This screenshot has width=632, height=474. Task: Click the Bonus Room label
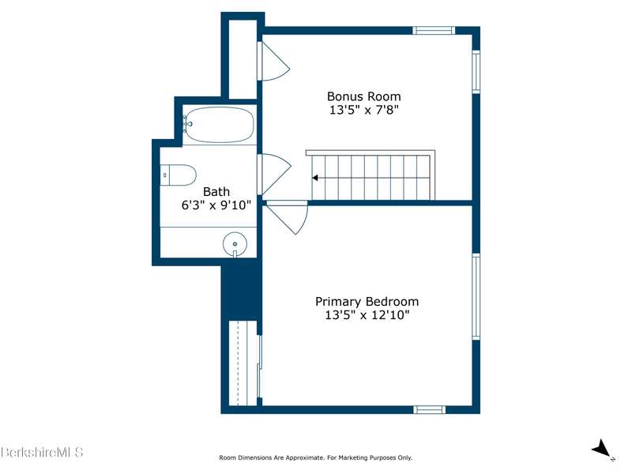(x=363, y=96)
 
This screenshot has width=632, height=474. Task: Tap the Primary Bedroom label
(x=367, y=302)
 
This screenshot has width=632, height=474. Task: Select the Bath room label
(x=216, y=192)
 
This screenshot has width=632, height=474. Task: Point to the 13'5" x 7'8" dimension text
(x=364, y=110)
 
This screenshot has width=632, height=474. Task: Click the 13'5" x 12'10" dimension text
(x=367, y=314)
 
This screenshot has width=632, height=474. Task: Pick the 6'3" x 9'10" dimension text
(x=216, y=205)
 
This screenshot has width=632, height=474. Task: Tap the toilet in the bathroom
(x=179, y=175)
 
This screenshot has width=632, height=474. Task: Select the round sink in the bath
(x=235, y=244)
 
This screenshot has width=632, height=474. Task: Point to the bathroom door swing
(x=274, y=175)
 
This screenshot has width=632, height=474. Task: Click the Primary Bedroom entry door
(x=288, y=216)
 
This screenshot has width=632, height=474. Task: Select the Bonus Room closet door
(x=273, y=62)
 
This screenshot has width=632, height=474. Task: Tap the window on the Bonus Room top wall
(x=434, y=31)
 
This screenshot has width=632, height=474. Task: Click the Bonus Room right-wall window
(x=476, y=72)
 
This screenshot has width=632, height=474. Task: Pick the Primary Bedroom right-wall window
(x=476, y=297)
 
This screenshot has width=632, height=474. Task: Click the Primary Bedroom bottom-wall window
(x=430, y=410)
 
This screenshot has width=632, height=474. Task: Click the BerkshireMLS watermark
(x=42, y=452)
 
